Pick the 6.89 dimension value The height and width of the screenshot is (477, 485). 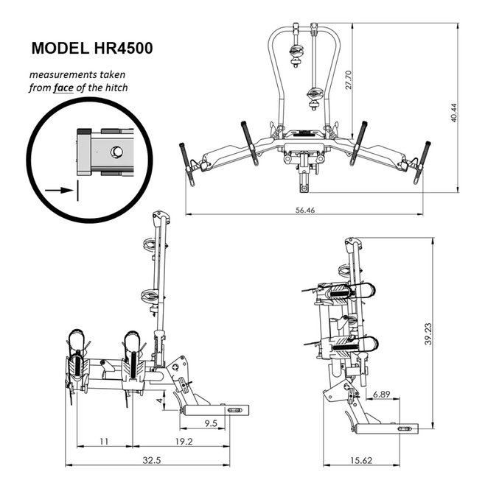pos(381,395)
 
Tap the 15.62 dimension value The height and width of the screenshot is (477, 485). pos(361,460)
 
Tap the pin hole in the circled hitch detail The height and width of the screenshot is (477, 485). pos(116,151)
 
